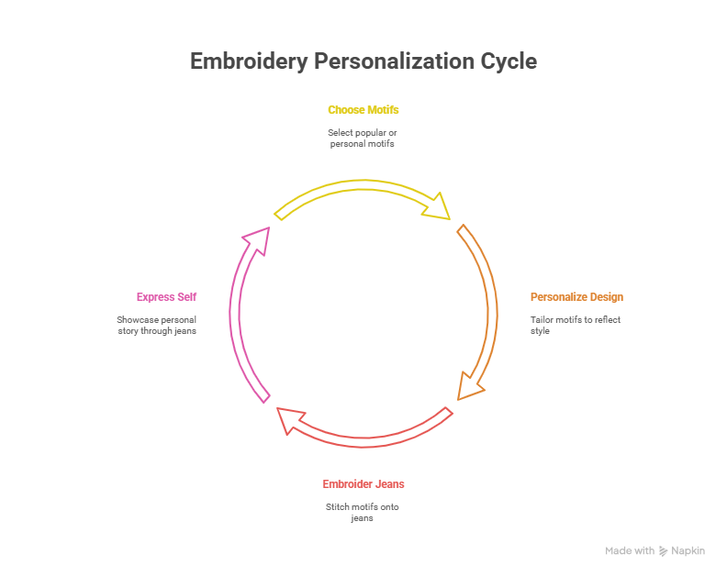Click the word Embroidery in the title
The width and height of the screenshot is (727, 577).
click(x=250, y=61)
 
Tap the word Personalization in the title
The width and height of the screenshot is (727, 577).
click(x=396, y=61)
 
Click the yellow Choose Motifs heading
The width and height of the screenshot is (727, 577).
click(x=363, y=110)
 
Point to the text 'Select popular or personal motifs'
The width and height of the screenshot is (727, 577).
click(x=363, y=139)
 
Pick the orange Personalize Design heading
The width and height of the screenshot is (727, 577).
click(x=576, y=297)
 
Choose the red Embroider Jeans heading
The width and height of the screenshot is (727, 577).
click(x=363, y=484)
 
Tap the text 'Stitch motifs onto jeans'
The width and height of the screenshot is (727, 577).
click(x=363, y=513)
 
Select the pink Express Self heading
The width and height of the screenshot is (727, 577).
click(x=166, y=297)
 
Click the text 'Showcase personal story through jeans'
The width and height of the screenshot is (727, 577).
click(x=156, y=326)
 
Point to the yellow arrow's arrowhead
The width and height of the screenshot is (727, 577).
click(x=439, y=207)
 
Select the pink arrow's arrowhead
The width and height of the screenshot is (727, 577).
click(x=258, y=238)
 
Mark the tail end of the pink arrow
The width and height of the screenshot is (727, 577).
click(x=265, y=397)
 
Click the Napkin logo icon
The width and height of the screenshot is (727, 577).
click(x=664, y=551)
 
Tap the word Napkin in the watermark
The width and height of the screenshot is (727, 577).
click(x=688, y=551)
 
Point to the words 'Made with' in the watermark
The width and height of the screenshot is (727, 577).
click(x=630, y=551)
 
